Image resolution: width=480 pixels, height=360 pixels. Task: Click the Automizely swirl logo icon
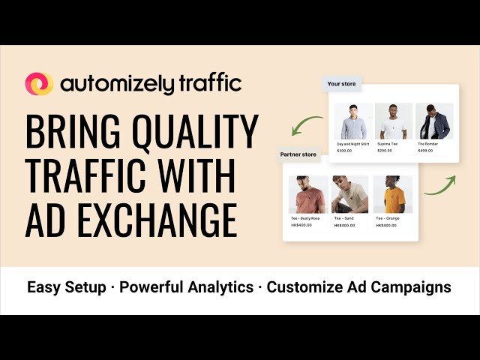coord(38,84)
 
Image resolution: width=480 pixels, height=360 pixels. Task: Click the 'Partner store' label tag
coord(298,155)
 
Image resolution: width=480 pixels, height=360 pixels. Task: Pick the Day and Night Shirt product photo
coord(352,121)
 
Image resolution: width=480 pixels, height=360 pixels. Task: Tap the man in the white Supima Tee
coord(393,121)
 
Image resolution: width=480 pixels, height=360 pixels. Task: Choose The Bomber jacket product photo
coord(434,121)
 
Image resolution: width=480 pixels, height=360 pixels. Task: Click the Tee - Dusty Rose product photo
coord(307,194)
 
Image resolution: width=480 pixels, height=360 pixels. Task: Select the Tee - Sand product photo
coord(350,194)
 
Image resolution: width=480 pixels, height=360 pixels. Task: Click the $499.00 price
coord(425,150)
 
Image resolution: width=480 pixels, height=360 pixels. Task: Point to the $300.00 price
coord(343,150)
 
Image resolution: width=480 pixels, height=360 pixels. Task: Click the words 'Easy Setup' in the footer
coord(67,287)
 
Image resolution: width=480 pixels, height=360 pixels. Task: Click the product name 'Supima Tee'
coord(388,144)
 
